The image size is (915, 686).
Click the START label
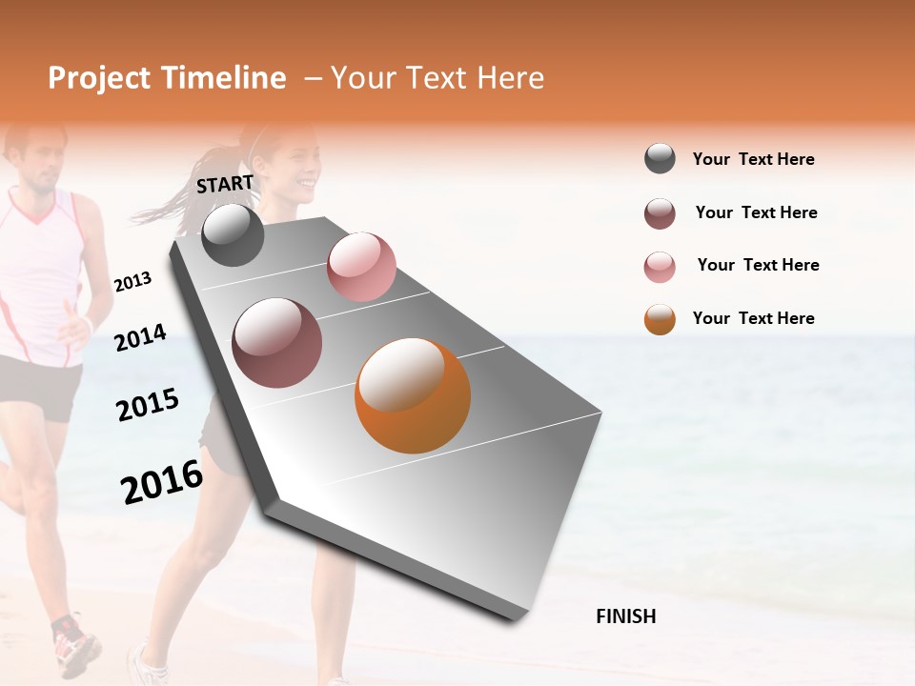pyautogui.click(x=225, y=184)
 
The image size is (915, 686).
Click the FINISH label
pyautogui.click(x=626, y=616)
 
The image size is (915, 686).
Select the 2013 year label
pyautogui.click(x=132, y=281)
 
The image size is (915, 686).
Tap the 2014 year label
pyautogui.click(x=140, y=337)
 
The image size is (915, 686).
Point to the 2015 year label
pyautogui.click(x=148, y=405)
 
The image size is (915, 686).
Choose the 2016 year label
pyautogui.click(x=162, y=481)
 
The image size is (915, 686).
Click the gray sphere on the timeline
pyautogui.click(x=233, y=235)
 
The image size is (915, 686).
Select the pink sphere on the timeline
pyautogui.click(x=361, y=266)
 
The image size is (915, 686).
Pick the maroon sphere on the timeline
pyautogui.click(x=276, y=343)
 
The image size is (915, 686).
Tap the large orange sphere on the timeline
pyautogui.click(x=413, y=395)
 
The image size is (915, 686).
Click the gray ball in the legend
pyautogui.click(x=660, y=159)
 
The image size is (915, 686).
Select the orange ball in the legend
pyautogui.click(x=660, y=319)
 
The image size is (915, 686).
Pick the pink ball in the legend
pyautogui.click(x=660, y=267)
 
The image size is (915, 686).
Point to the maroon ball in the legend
pyautogui.click(x=660, y=213)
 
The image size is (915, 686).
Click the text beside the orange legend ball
pyautogui.click(x=753, y=318)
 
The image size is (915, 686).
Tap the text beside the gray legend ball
pyautogui.click(x=753, y=159)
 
